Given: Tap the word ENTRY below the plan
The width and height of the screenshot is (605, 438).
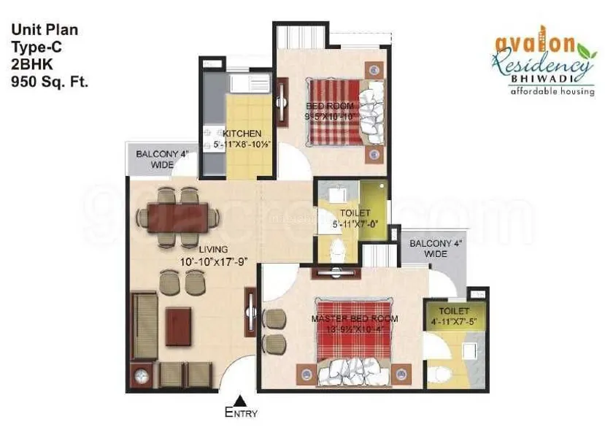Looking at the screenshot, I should [x=241, y=413].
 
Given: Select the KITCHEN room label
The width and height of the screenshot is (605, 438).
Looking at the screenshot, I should [x=242, y=134].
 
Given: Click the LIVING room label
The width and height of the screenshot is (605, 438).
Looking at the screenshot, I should [x=213, y=250].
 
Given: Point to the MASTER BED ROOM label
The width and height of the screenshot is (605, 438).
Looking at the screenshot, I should [x=355, y=319].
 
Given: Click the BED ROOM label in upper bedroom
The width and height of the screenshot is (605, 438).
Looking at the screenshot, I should [x=329, y=106].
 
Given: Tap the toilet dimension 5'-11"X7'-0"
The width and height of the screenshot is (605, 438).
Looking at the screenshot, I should [x=352, y=224].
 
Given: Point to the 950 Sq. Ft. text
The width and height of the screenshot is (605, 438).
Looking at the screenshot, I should [x=50, y=82].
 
